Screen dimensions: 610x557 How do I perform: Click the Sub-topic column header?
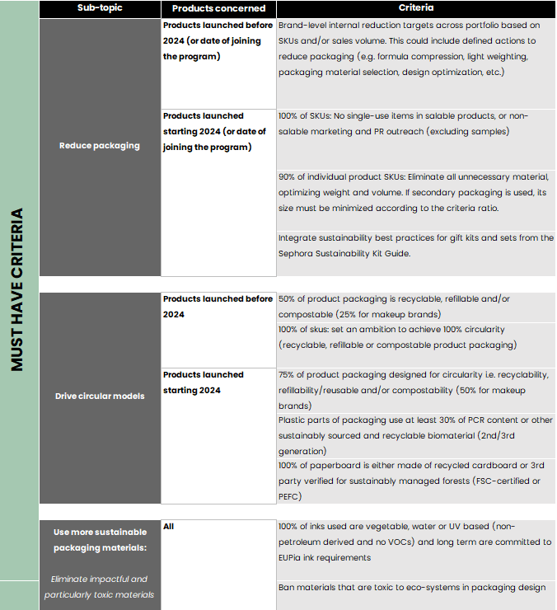tap(99, 8)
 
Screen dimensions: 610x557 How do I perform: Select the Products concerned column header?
tap(218, 8)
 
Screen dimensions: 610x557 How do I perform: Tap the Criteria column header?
tap(416, 8)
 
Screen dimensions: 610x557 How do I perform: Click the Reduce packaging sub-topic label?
tap(99, 146)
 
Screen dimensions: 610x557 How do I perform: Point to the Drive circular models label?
tap(99, 396)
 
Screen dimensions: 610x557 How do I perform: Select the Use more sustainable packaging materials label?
tap(99, 539)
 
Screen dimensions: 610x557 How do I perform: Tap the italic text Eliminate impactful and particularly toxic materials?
tap(99, 587)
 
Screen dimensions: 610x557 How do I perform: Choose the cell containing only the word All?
tap(169, 526)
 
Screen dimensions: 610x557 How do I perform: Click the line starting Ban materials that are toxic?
tap(411, 587)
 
